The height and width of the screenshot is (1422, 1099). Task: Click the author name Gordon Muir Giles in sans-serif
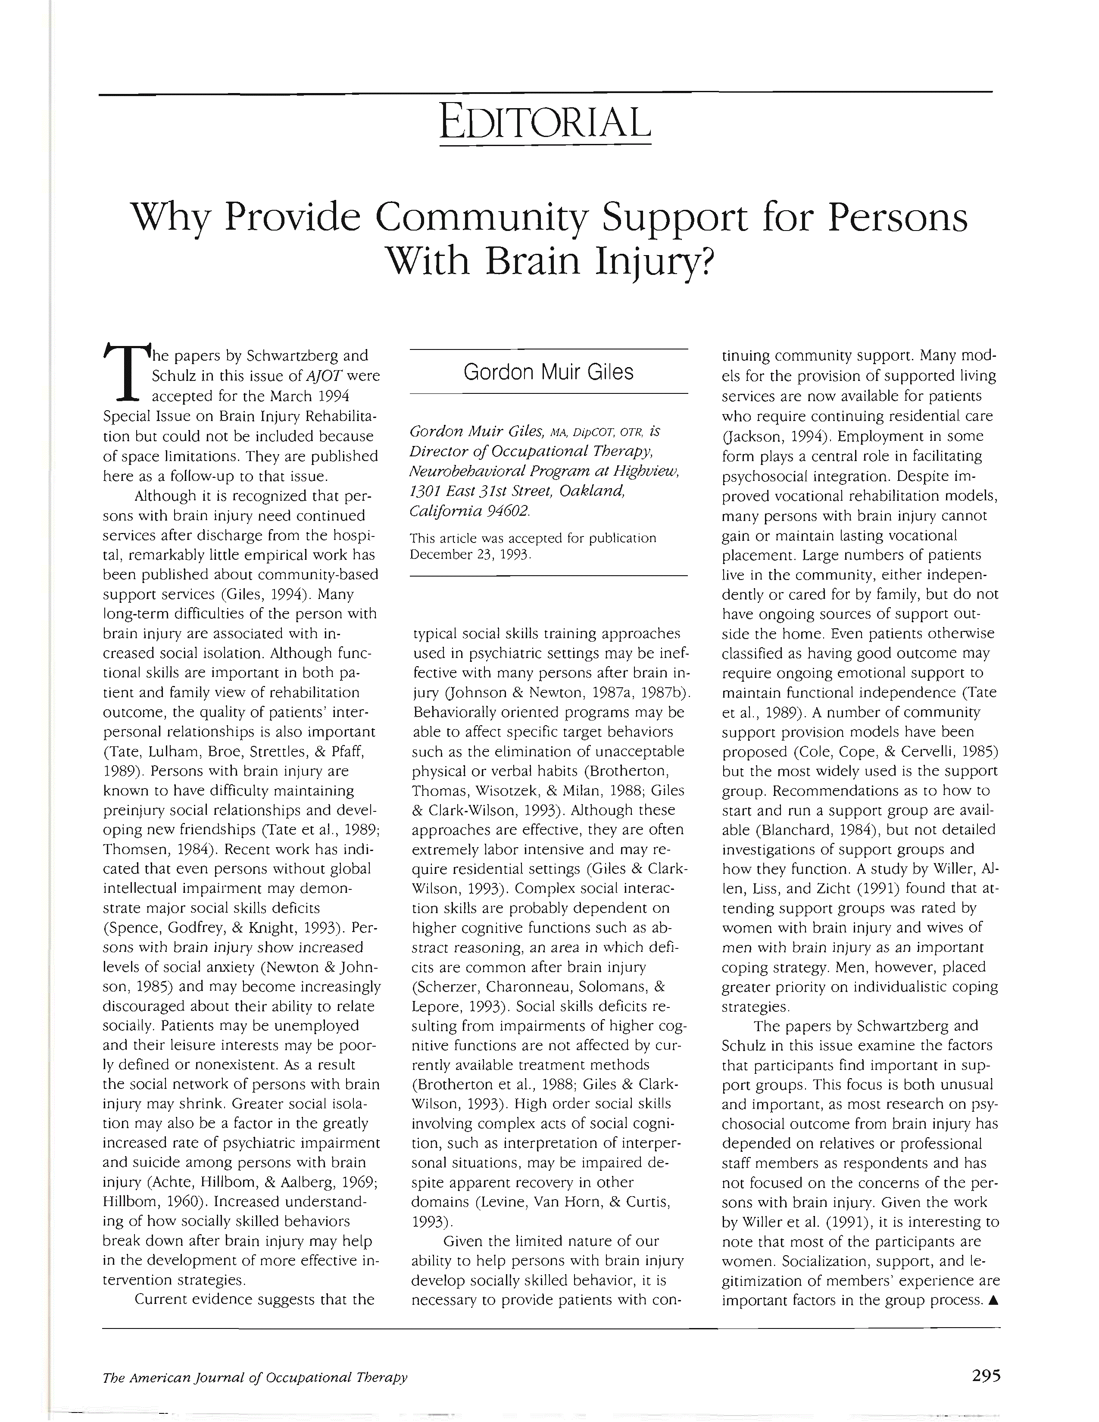548,372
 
